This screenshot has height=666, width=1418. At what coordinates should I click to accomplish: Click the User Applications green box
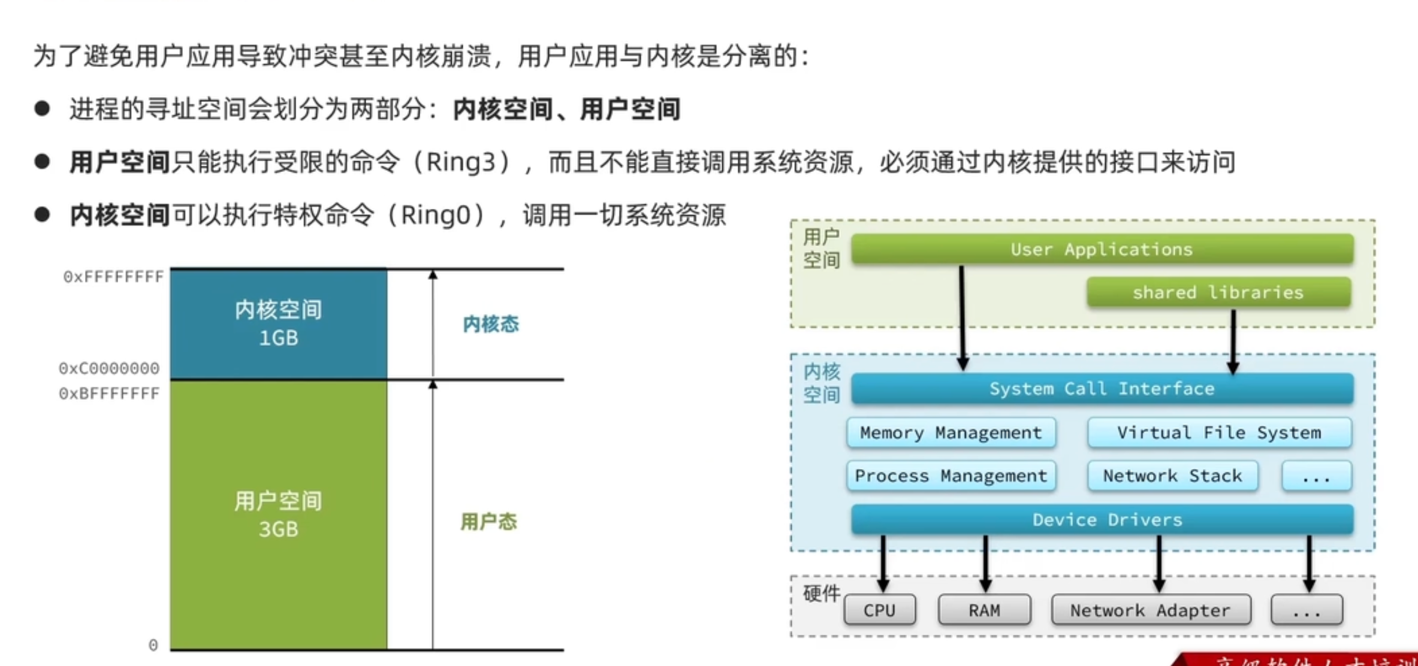(1102, 249)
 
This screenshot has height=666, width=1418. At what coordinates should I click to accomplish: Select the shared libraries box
(1218, 292)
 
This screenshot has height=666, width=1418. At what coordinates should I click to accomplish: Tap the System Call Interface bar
(1102, 389)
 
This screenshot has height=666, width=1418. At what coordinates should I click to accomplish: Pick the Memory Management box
(951, 432)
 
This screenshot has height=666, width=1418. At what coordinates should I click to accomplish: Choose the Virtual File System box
(1219, 432)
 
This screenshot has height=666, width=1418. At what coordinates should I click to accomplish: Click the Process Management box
(951, 476)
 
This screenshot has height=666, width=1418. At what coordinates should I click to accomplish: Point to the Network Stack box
(1172, 476)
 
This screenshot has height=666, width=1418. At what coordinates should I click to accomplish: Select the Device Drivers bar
(1102, 519)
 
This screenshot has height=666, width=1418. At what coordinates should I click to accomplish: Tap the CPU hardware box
(879, 610)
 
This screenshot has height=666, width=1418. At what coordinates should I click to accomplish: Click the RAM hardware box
(984, 610)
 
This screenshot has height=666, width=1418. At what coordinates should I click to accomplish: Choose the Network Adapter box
(1150, 610)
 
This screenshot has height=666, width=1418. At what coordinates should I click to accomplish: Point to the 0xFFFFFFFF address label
(113, 277)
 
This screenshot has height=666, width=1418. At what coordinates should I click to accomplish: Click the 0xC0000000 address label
(109, 368)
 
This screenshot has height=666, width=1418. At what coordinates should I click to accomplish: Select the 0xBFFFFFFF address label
(109, 393)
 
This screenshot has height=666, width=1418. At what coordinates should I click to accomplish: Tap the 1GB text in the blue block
(279, 338)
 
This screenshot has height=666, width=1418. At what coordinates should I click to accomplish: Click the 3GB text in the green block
(279, 529)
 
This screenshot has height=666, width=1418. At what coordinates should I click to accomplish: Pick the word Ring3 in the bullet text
(461, 162)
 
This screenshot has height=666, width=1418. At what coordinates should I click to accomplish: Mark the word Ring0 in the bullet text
(436, 215)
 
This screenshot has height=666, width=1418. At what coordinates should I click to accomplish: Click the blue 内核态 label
(490, 324)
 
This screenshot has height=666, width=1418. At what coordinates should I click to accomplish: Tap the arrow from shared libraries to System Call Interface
(1233, 340)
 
